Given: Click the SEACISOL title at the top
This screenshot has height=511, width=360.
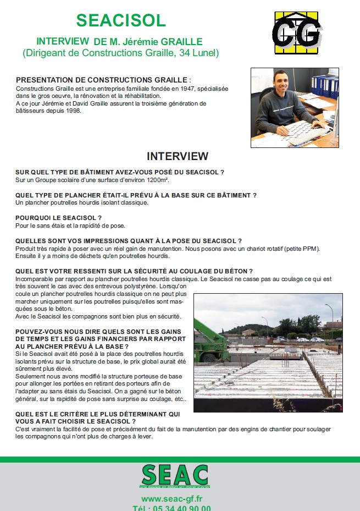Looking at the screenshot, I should coord(121,20).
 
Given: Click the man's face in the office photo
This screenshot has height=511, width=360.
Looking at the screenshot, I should coord(275,89).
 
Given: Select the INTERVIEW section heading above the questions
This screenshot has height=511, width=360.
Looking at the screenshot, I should coord(178,156).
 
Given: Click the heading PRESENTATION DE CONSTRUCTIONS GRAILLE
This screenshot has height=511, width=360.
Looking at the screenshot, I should coord(103,80).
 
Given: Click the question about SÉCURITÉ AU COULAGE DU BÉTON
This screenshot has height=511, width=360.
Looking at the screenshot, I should coord(134,271).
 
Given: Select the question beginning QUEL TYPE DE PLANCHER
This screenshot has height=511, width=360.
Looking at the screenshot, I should coord(136,195).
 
